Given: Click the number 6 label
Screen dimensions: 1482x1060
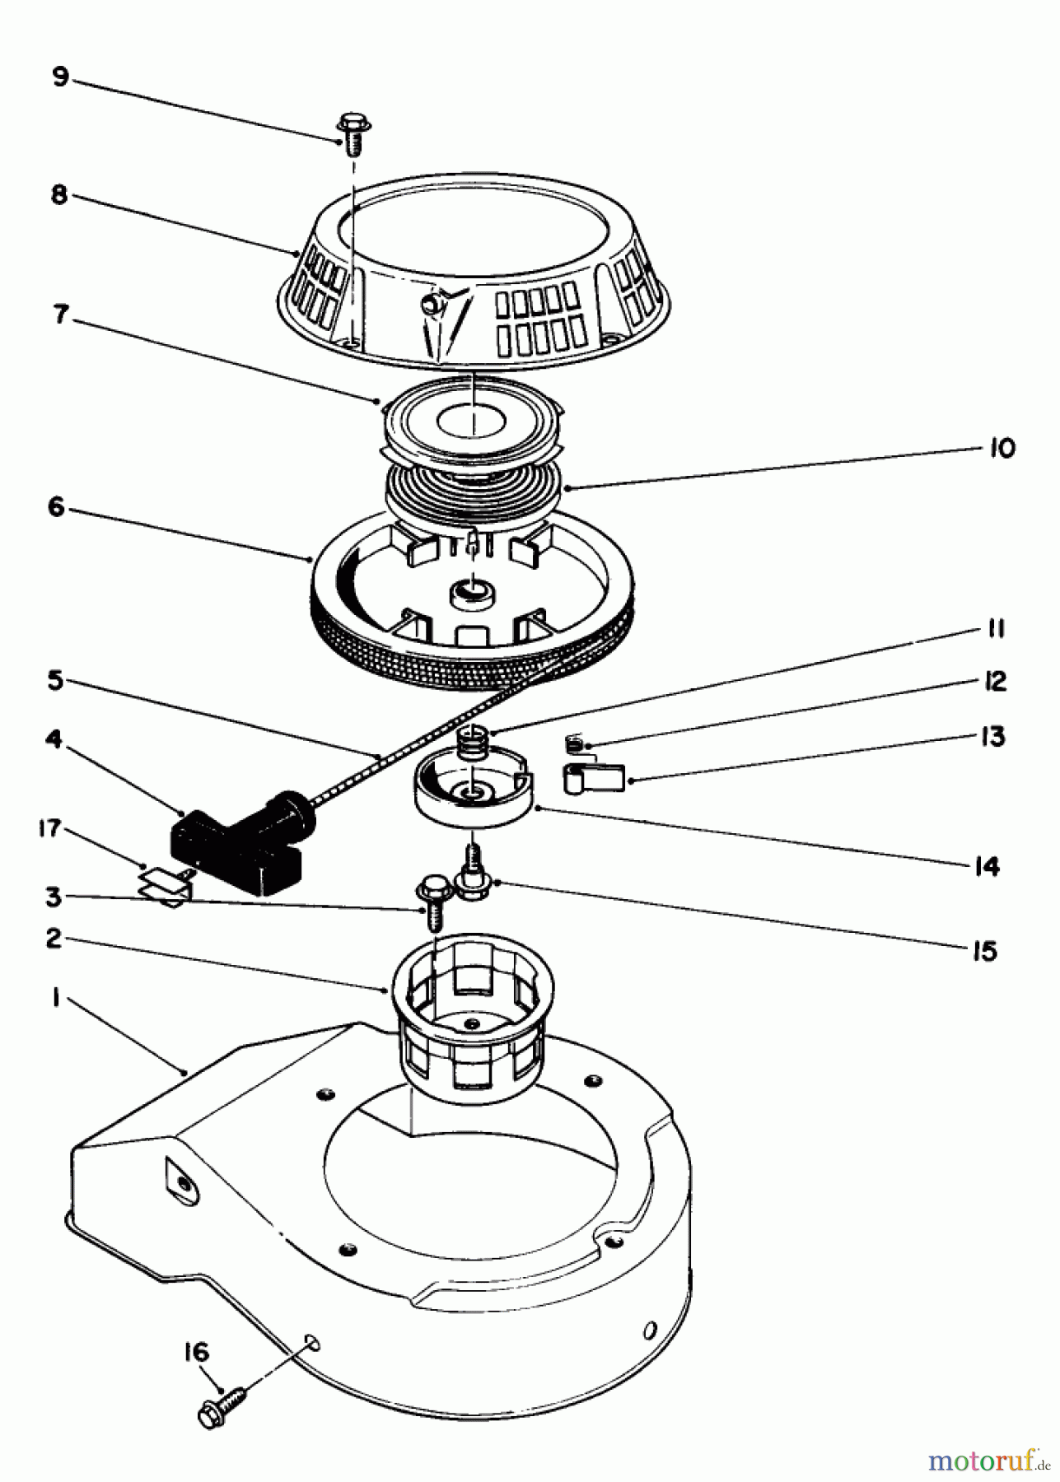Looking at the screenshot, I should pos(56,508).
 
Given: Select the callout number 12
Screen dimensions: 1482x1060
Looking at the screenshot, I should pos(995,682).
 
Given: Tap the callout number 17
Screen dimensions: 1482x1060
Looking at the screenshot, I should pos(51,828).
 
